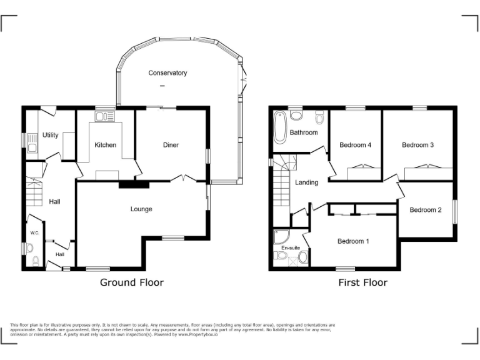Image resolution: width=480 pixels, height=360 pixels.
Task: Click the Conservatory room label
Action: [167, 73]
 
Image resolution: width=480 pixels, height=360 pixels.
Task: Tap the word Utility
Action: [51, 135]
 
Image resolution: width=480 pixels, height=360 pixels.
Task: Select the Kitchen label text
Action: [105, 145]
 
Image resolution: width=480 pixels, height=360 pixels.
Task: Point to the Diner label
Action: [171, 145]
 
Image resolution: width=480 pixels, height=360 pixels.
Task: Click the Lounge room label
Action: [141, 209]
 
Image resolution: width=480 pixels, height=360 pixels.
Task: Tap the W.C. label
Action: [34, 233]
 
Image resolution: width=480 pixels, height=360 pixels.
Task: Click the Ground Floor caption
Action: [132, 282]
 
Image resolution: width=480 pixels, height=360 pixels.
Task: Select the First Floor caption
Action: [362, 282]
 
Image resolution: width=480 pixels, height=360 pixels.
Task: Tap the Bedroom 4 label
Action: [355, 145]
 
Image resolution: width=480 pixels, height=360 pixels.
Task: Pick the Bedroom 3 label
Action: [417, 145]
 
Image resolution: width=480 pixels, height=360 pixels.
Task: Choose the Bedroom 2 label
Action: [426, 210]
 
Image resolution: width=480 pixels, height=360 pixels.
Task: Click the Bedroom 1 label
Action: [354, 241]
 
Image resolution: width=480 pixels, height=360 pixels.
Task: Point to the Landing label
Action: [306, 182]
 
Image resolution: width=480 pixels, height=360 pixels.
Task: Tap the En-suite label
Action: [291, 248]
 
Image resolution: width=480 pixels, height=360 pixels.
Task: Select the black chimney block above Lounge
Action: [134, 184]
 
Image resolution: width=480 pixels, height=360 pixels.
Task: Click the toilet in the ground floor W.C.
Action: [36, 261]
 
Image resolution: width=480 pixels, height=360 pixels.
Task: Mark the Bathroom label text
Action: [303, 132]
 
